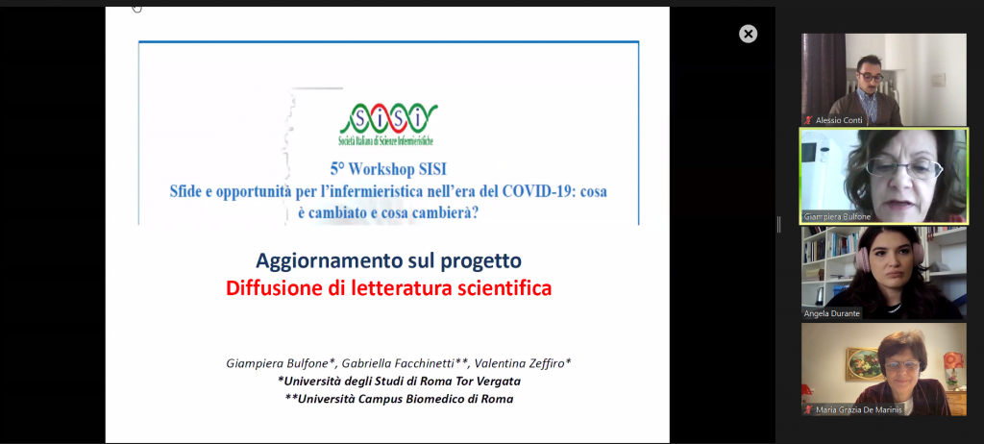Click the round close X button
pyautogui.click(x=748, y=34)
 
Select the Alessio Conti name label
pyautogui.click(x=839, y=120)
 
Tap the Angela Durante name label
pyautogui.click(x=831, y=313)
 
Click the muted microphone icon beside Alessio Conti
pyautogui.click(x=809, y=120)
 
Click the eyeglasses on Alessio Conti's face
pyautogui.click(x=871, y=77)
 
